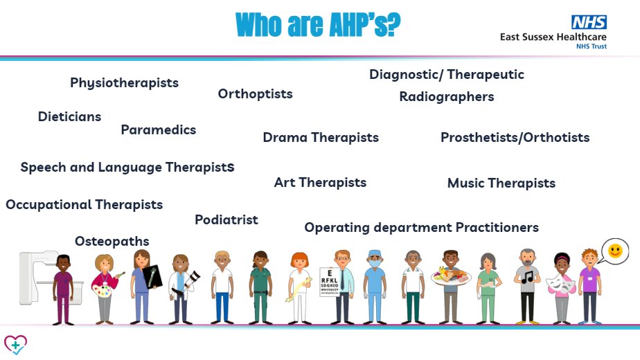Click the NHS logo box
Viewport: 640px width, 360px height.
click(589, 22)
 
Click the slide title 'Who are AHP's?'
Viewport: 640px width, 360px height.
click(318, 26)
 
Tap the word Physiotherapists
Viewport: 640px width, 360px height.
click(124, 83)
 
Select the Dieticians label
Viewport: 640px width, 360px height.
click(69, 117)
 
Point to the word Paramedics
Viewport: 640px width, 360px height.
click(158, 130)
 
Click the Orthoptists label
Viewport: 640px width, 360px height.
click(255, 94)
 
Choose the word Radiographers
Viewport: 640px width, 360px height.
click(446, 97)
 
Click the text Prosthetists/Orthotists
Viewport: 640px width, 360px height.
click(515, 138)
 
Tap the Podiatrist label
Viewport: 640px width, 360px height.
click(226, 220)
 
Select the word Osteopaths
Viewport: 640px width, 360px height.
click(112, 241)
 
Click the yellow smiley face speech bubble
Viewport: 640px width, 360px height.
click(614, 250)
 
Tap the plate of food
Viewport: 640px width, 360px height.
click(450, 278)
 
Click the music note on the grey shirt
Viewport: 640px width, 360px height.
click(528, 276)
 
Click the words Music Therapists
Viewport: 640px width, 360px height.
click(501, 183)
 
